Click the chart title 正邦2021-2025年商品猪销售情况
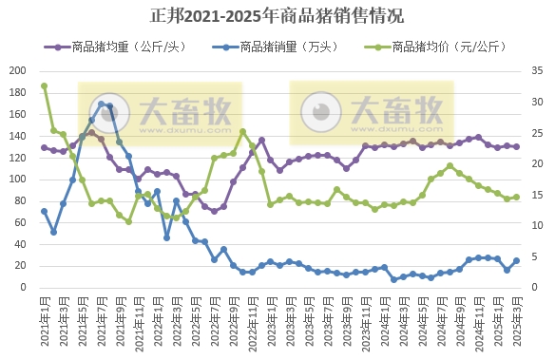(x=277, y=15)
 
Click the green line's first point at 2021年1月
(x=44, y=86)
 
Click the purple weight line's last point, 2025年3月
(x=516, y=146)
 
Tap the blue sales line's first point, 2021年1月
(x=44, y=211)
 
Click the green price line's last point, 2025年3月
(x=516, y=198)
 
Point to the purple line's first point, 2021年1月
(x=44, y=147)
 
